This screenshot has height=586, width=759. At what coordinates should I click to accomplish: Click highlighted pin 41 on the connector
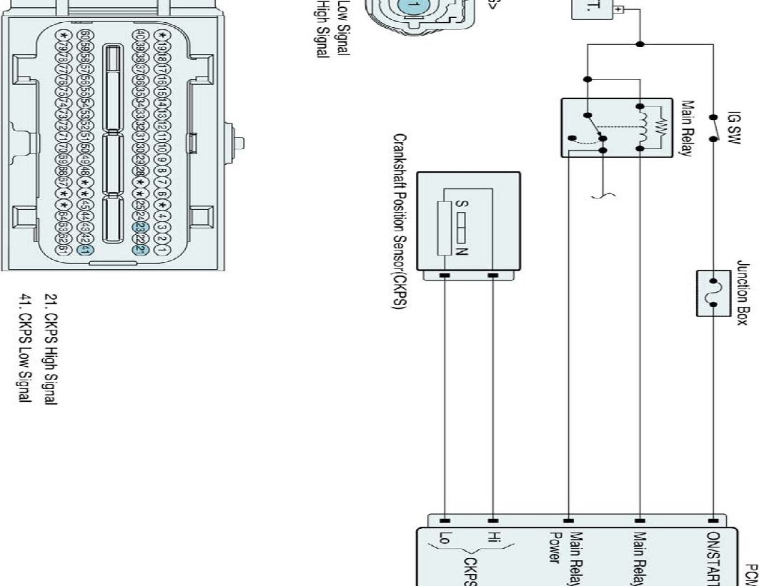point(83,251)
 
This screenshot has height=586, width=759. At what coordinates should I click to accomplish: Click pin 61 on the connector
point(63,251)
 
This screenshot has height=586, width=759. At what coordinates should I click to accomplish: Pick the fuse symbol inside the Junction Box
point(713,293)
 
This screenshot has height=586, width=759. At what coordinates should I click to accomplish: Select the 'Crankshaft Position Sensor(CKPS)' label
point(400,221)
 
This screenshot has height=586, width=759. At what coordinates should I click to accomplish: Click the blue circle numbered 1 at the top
point(410,6)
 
